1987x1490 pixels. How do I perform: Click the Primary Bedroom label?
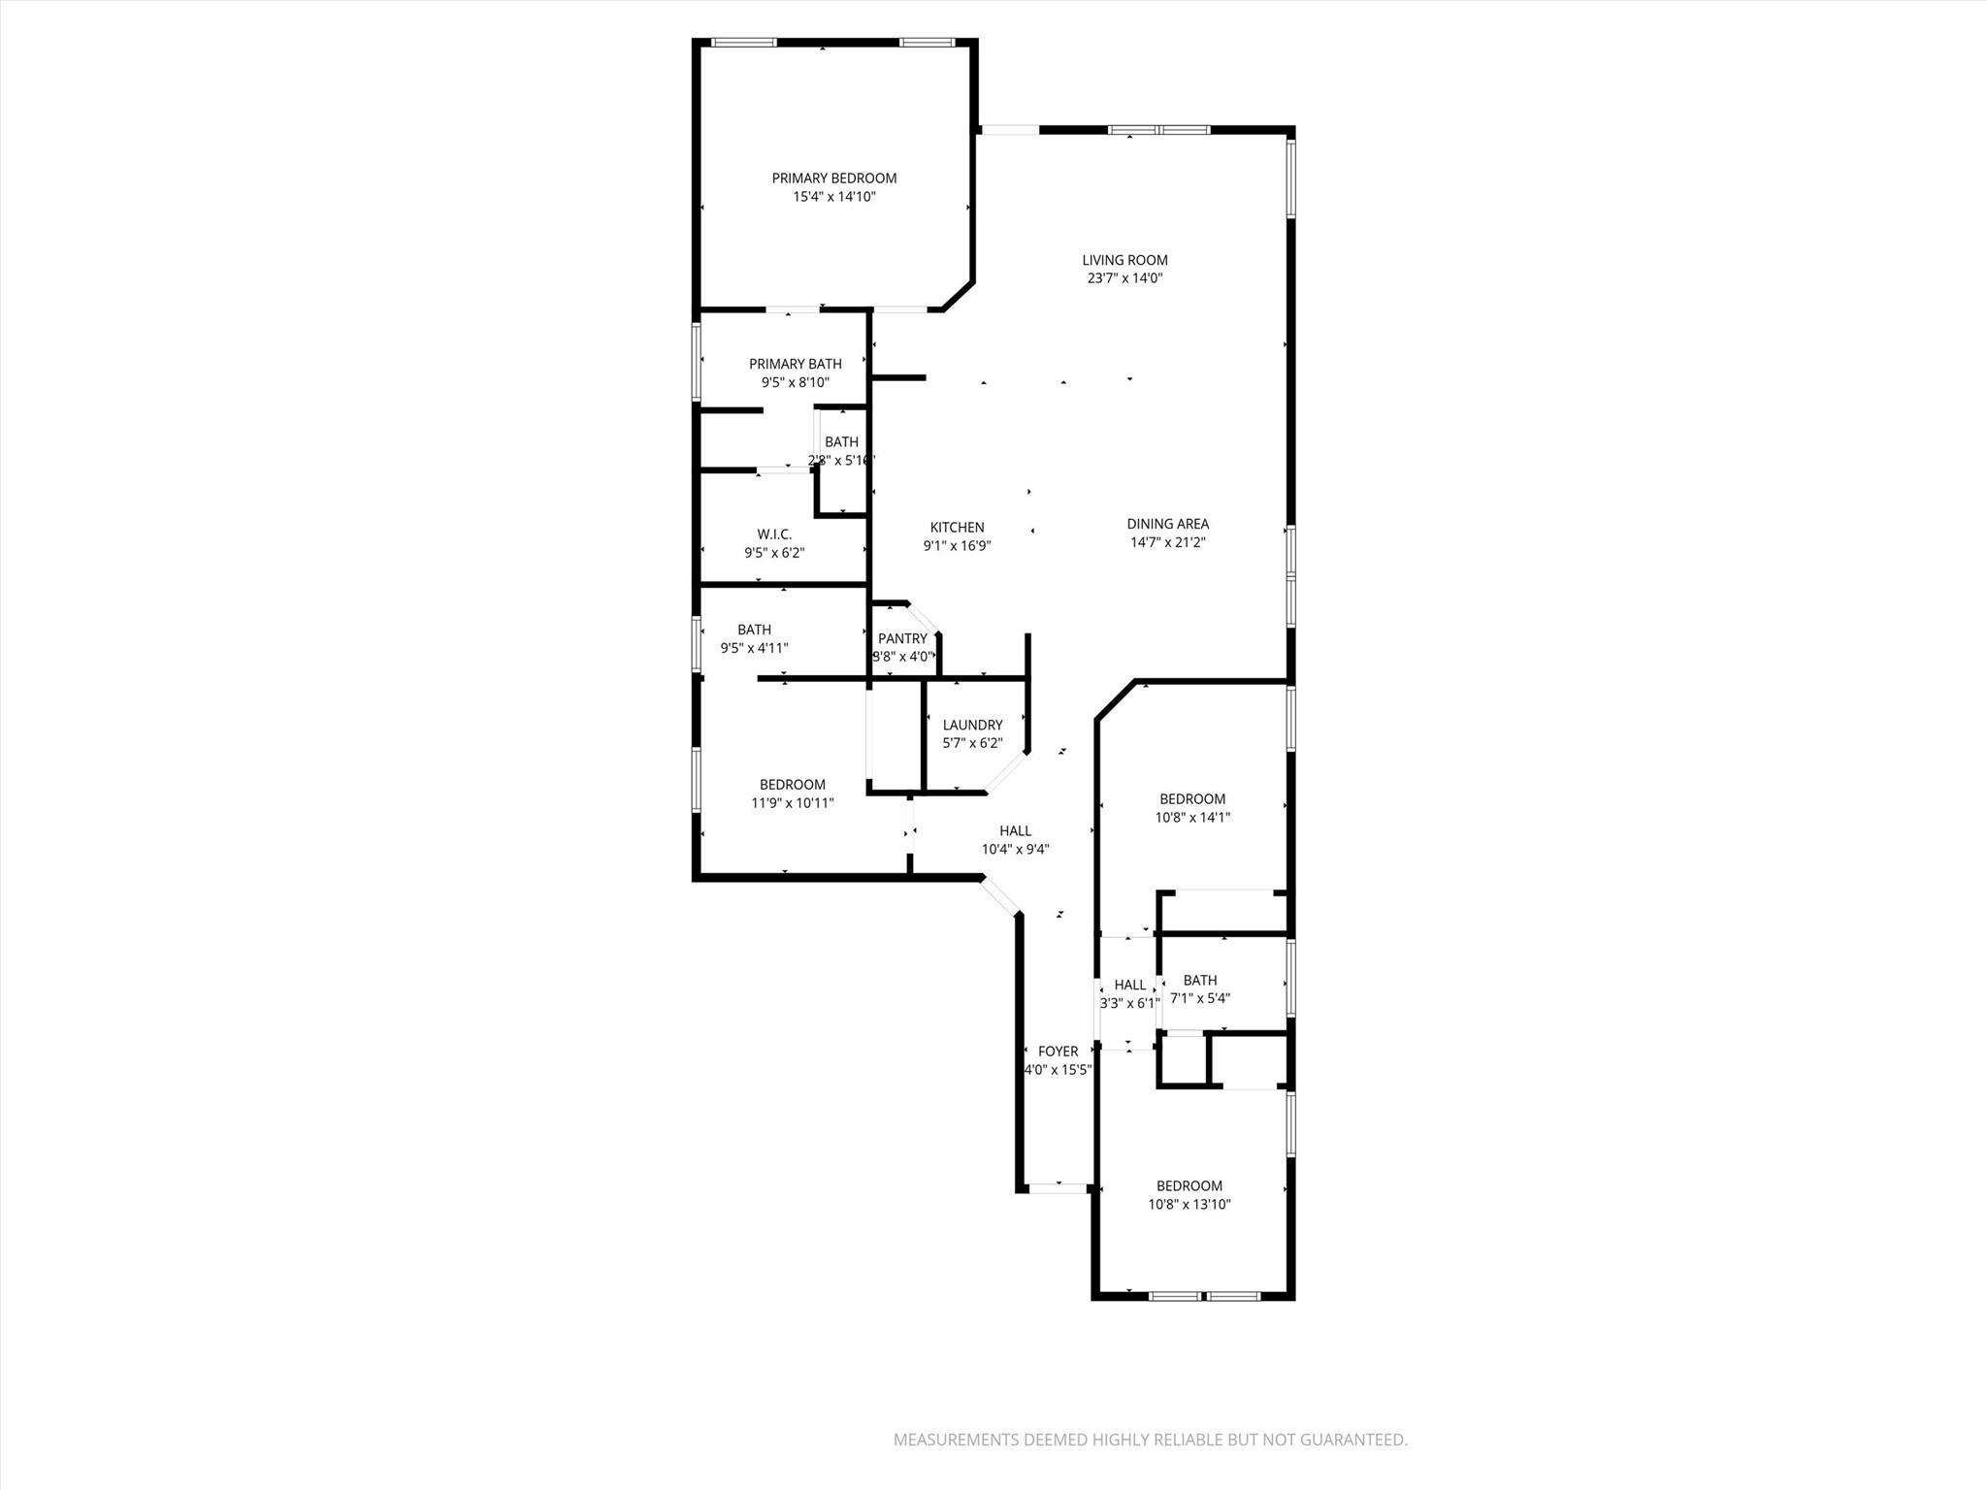833,178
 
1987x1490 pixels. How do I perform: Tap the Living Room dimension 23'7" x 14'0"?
1124,278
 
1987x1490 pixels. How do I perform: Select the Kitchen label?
957,528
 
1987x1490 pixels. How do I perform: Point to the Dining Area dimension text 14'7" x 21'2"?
1167,543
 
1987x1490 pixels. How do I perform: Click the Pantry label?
902,638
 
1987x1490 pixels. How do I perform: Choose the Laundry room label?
972,725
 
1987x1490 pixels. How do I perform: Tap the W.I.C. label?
774,534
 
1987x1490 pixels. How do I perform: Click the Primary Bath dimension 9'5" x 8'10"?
795,383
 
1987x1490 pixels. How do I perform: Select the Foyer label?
1058,1052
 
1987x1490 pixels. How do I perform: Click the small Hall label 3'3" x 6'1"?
1129,986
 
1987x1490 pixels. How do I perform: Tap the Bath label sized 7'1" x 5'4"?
1200,981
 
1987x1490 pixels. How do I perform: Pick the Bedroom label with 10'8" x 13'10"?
1189,1186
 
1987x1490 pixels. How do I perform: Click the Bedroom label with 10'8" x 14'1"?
1192,799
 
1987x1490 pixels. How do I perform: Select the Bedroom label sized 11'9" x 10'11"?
792,785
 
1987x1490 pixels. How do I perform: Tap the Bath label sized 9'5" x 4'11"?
754,630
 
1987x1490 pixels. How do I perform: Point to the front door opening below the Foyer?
1058,1187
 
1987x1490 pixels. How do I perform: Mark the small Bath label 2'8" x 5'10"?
841,442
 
